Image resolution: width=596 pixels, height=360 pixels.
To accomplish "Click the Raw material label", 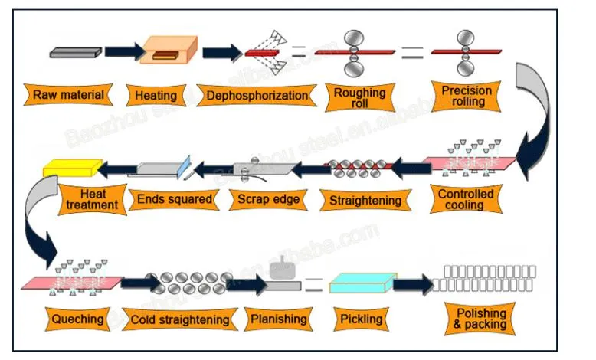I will pyautogui.click(x=68, y=96).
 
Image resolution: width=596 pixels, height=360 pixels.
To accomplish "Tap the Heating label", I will pyautogui.click(x=156, y=96).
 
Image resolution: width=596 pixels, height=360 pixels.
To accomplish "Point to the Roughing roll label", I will pyautogui.click(x=360, y=97).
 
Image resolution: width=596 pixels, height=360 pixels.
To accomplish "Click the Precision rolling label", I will pyautogui.click(x=467, y=96).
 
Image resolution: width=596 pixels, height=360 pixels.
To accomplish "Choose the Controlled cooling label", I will pyautogui.click(x=465, y=200).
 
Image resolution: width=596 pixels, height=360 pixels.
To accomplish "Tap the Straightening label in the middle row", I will pyautogui.click(x=365, y=201).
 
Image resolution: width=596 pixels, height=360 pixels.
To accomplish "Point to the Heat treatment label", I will pyautogui.click(x=92, y=199).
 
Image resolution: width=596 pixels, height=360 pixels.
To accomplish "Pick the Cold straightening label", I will pyautogui.click(x=180, y=319).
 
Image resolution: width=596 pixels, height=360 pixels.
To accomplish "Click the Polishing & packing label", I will pyautogui.click(x=481, y=319).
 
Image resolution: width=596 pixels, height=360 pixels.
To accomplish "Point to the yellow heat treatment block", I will pyautogui.click(x=71, y=166).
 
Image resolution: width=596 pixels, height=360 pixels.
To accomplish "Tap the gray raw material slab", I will pyautogui.click(x=75, y=52).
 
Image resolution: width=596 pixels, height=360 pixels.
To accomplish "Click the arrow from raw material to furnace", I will pyautogui.click(x=123, y=51).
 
